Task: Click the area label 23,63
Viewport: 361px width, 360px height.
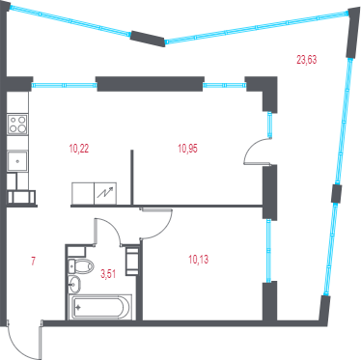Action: (306, 60)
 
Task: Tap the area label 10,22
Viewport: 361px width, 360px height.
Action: (79, 149)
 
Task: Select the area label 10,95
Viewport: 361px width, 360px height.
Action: (187, 149)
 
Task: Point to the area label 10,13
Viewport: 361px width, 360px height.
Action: (199, 259)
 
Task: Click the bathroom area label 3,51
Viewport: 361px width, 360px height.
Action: (108, 274)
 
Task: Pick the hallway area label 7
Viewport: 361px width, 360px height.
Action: (33, 261)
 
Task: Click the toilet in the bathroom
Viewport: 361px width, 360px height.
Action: (81, 266)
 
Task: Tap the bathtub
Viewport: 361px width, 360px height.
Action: (101, 307)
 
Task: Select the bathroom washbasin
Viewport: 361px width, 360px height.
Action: (74, 285)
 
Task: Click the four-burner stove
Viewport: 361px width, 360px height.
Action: (17, 125)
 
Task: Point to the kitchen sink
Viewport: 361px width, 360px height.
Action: (17, 161)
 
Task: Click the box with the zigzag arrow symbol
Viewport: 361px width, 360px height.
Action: (105, 193)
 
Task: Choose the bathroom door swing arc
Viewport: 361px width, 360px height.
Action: (113, 228)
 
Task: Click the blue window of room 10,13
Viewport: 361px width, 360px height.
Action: (268, 251)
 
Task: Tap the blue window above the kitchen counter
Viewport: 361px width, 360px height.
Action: (64, 85)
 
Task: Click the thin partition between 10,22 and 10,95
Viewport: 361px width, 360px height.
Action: (132, 177)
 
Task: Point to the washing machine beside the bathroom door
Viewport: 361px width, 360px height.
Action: (132, 262)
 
